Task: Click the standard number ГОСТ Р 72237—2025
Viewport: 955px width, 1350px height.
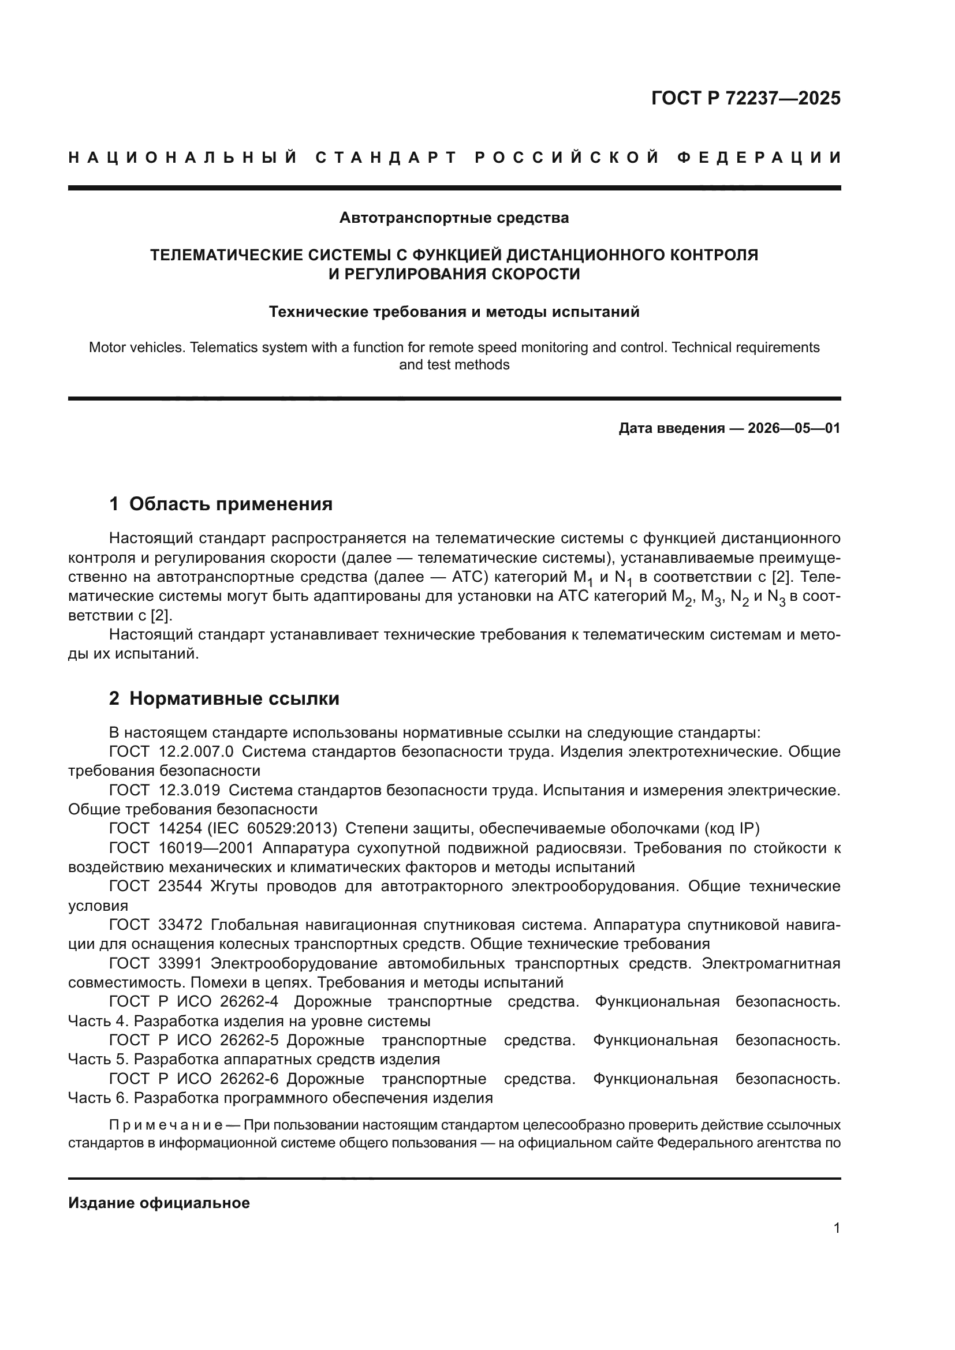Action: (745, 98)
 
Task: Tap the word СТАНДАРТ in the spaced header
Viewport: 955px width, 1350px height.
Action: (386, 158)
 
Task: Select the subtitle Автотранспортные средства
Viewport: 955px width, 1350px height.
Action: (454, 218)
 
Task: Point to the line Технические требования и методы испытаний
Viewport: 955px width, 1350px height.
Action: (454, 312)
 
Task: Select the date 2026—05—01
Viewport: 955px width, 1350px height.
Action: (794, 428)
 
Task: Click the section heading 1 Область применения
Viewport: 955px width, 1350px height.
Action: (221, 504)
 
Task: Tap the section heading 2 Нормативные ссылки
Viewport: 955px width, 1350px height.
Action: (224, 698)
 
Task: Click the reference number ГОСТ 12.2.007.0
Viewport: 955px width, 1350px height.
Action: (171, 752)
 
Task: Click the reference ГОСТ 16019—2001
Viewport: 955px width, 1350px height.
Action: (181, 848)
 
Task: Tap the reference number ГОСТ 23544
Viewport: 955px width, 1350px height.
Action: (156, 887)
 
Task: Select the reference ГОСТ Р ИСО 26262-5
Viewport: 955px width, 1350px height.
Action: (194, 1041)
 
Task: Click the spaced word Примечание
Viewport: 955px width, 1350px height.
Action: (165, 1125)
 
